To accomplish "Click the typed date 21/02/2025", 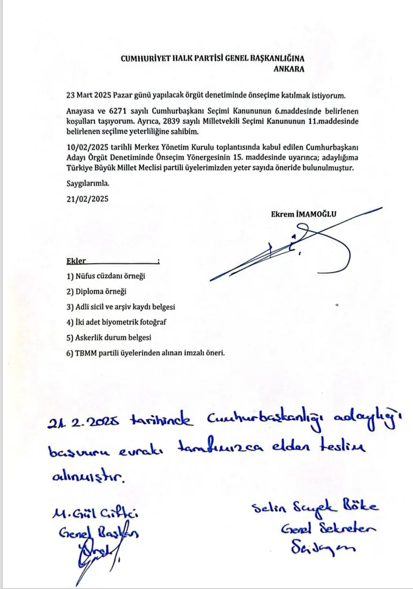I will click(87, 198).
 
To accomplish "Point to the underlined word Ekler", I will click(76, 262).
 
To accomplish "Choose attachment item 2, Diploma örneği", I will click(97, 291).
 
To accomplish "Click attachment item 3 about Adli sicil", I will click(120, 307).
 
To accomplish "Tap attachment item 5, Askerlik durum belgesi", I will click(109, 337).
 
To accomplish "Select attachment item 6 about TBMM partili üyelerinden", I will click(145, 353).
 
